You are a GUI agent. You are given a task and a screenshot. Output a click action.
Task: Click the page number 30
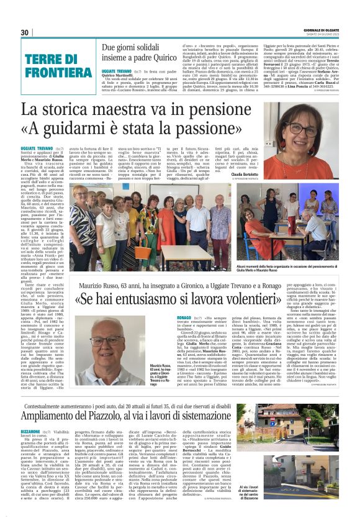[x=25, y=32]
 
